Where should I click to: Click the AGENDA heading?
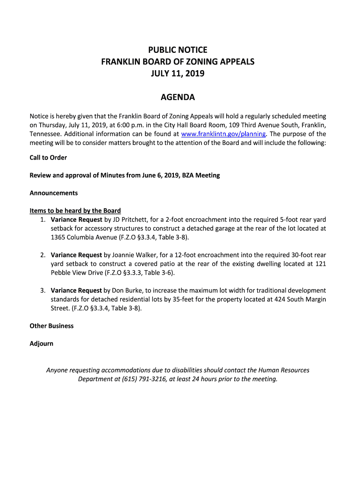178,98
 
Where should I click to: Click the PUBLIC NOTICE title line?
178,50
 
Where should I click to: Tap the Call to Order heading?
48,158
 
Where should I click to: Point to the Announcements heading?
54,193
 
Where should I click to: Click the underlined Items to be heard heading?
75,210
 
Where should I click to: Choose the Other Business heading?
51,326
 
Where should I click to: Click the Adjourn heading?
42,344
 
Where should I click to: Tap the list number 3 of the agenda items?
42,290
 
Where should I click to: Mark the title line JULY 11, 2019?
178,73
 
